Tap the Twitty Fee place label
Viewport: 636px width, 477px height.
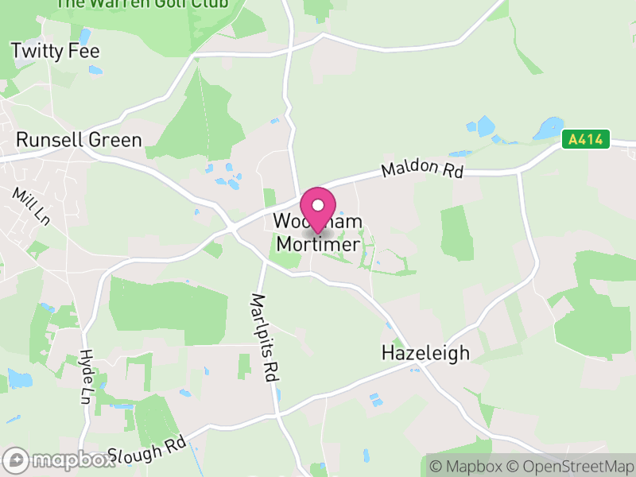(x=55, y=52)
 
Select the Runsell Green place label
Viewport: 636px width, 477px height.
(x=79, y=141)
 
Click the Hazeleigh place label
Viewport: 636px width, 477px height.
(x=425, y=352)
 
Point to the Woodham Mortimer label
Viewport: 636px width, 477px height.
(x=318, y=233)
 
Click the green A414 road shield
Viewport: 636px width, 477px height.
(x=586, y=141)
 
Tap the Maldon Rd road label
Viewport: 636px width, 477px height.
(x=421, y=169)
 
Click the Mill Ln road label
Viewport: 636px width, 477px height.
(x=30, y=206)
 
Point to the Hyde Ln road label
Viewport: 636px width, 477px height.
(x=87, y=376)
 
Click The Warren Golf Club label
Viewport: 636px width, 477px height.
(x=142, y=4)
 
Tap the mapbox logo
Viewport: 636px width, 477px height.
(x=60, y=460)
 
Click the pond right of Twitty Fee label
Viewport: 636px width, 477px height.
(x=95, y=70)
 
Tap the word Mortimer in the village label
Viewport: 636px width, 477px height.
(x=318, y=244)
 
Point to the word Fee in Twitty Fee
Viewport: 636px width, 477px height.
(x=83, y=52)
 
